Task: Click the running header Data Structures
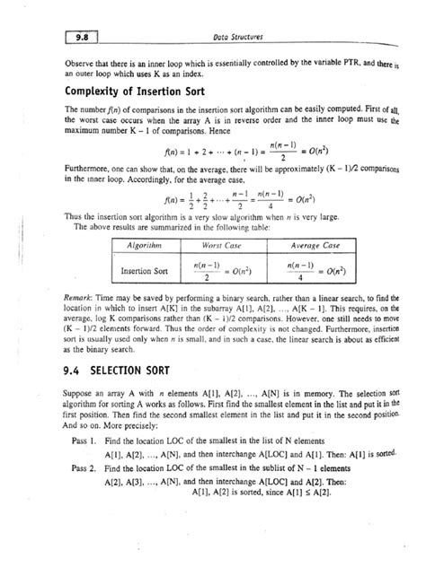coord(230,36)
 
